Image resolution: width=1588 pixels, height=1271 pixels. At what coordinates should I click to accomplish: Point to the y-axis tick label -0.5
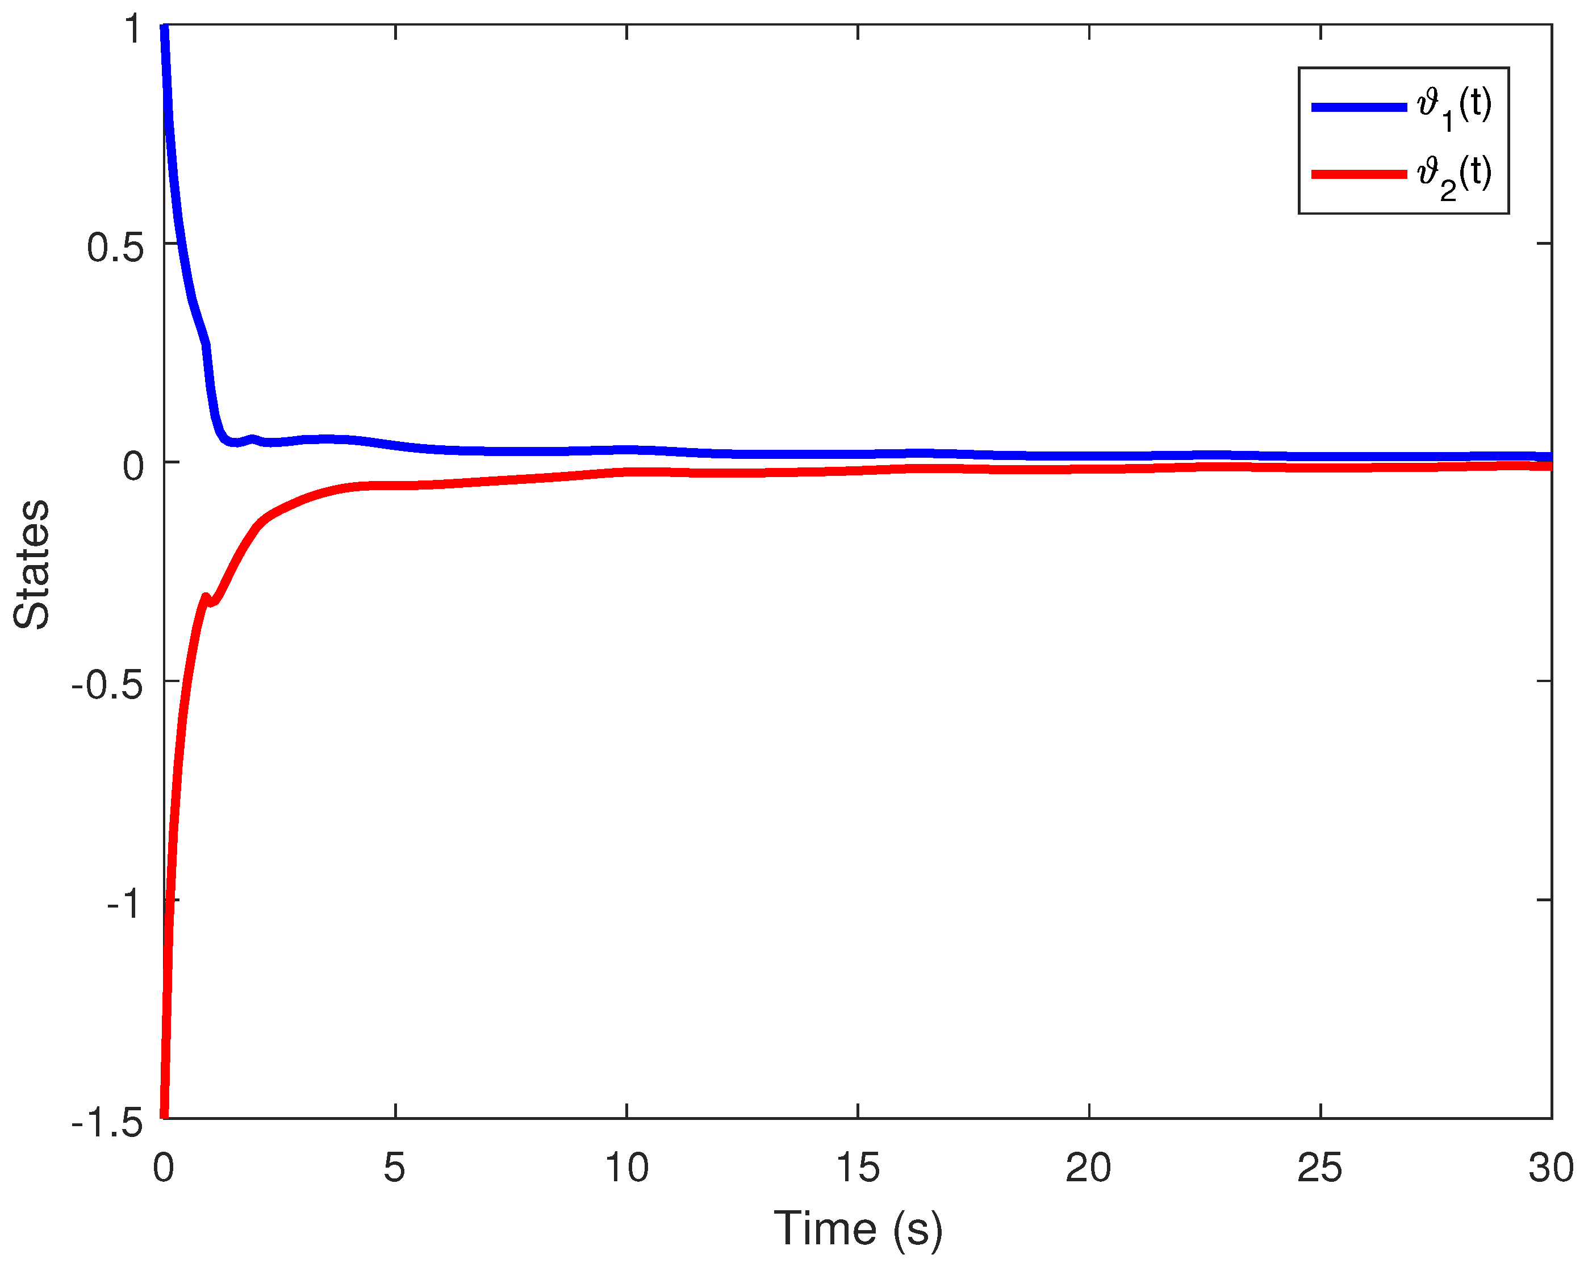(107, 685)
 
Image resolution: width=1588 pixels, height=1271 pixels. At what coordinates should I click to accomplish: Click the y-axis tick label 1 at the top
(132, 30)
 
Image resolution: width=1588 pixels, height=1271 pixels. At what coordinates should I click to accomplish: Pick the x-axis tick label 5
(395, 1168)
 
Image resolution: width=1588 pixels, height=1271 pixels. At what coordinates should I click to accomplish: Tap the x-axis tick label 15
(858, 1168)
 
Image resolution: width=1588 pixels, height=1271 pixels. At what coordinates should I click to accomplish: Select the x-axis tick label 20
(1089, 1168)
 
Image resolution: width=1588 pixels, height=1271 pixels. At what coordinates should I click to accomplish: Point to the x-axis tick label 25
(1320, 1168)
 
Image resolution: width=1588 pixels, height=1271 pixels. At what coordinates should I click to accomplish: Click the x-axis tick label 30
(1551, 1168)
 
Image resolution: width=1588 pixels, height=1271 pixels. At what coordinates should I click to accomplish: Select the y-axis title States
(32, 565)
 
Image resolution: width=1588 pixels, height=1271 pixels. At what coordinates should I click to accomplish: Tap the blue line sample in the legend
(1359, 107)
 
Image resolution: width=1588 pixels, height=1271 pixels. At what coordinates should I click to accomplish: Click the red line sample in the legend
(1359, 174)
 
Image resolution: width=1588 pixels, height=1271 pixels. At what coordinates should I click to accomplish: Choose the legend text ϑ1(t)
(1455, 107)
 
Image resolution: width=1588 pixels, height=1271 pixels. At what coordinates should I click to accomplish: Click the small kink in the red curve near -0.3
(208, 599)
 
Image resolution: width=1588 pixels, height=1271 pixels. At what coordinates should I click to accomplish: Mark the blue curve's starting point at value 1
(165, 28)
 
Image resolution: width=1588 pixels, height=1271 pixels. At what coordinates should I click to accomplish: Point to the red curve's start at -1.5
(164, 1115)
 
